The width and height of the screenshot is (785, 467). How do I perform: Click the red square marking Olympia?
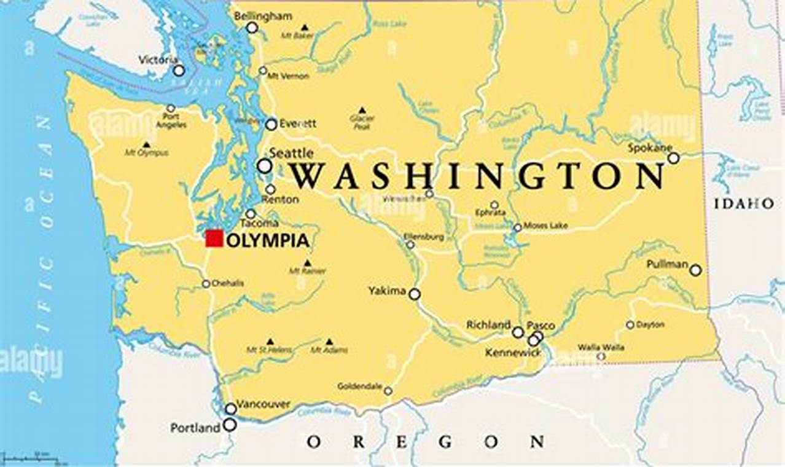pyautogui.click(x=214, y=238)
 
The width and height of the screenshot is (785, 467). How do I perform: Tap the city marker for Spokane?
pyautogui.click(x=673, y=158)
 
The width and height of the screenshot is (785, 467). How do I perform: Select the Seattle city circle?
pyautogui.click(x=264, y=166)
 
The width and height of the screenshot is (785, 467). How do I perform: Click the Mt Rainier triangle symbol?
pyautogui.click(x=307, y=263)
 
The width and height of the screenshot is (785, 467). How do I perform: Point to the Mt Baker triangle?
pyautogui.click(x=305, y=28)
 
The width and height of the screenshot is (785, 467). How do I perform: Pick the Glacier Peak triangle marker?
pyautogui.click(x=362, y=110)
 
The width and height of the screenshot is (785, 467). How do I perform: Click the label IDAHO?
pyautogui.click(x=743, y=203)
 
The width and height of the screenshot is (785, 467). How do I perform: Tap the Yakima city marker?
pyautogui.click(x=415, y=294)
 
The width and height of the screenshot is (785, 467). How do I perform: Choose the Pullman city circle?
pyautogui.click(x=695, y=270)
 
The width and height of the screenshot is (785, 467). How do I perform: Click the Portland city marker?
pyautogui.click(x=230, y=425)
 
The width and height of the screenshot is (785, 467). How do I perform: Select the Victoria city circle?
pyautogui.click(x=178, y=71)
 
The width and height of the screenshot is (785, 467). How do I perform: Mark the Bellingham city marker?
pyautogui.click(x=252, y=28)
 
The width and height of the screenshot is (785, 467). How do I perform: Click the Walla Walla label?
pyautogui.click(x=601, y=347)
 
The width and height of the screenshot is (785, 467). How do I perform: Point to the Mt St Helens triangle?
pyautogui.click(x=270, y=342)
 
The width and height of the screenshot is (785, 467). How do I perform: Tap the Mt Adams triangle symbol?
pyautogui.click(x=329, y=342)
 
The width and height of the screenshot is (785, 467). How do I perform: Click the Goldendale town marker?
pyautogui.click(x=388, y=391)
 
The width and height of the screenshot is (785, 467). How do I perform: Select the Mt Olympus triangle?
pyautogui.click(x=146, y=144)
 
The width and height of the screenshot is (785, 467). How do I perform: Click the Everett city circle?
pyautogui.click(x=271, y=124)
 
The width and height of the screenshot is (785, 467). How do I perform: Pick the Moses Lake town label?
pyautogui.click(x=545, y=226)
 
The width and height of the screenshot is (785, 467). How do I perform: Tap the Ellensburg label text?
pyautogui.click(x=423, y=236)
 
